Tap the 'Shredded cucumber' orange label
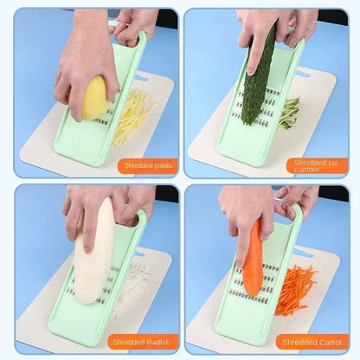click(x=317, y=164)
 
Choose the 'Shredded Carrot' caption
click(x=317, y=342)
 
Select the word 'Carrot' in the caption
click(x=330, y=342)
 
